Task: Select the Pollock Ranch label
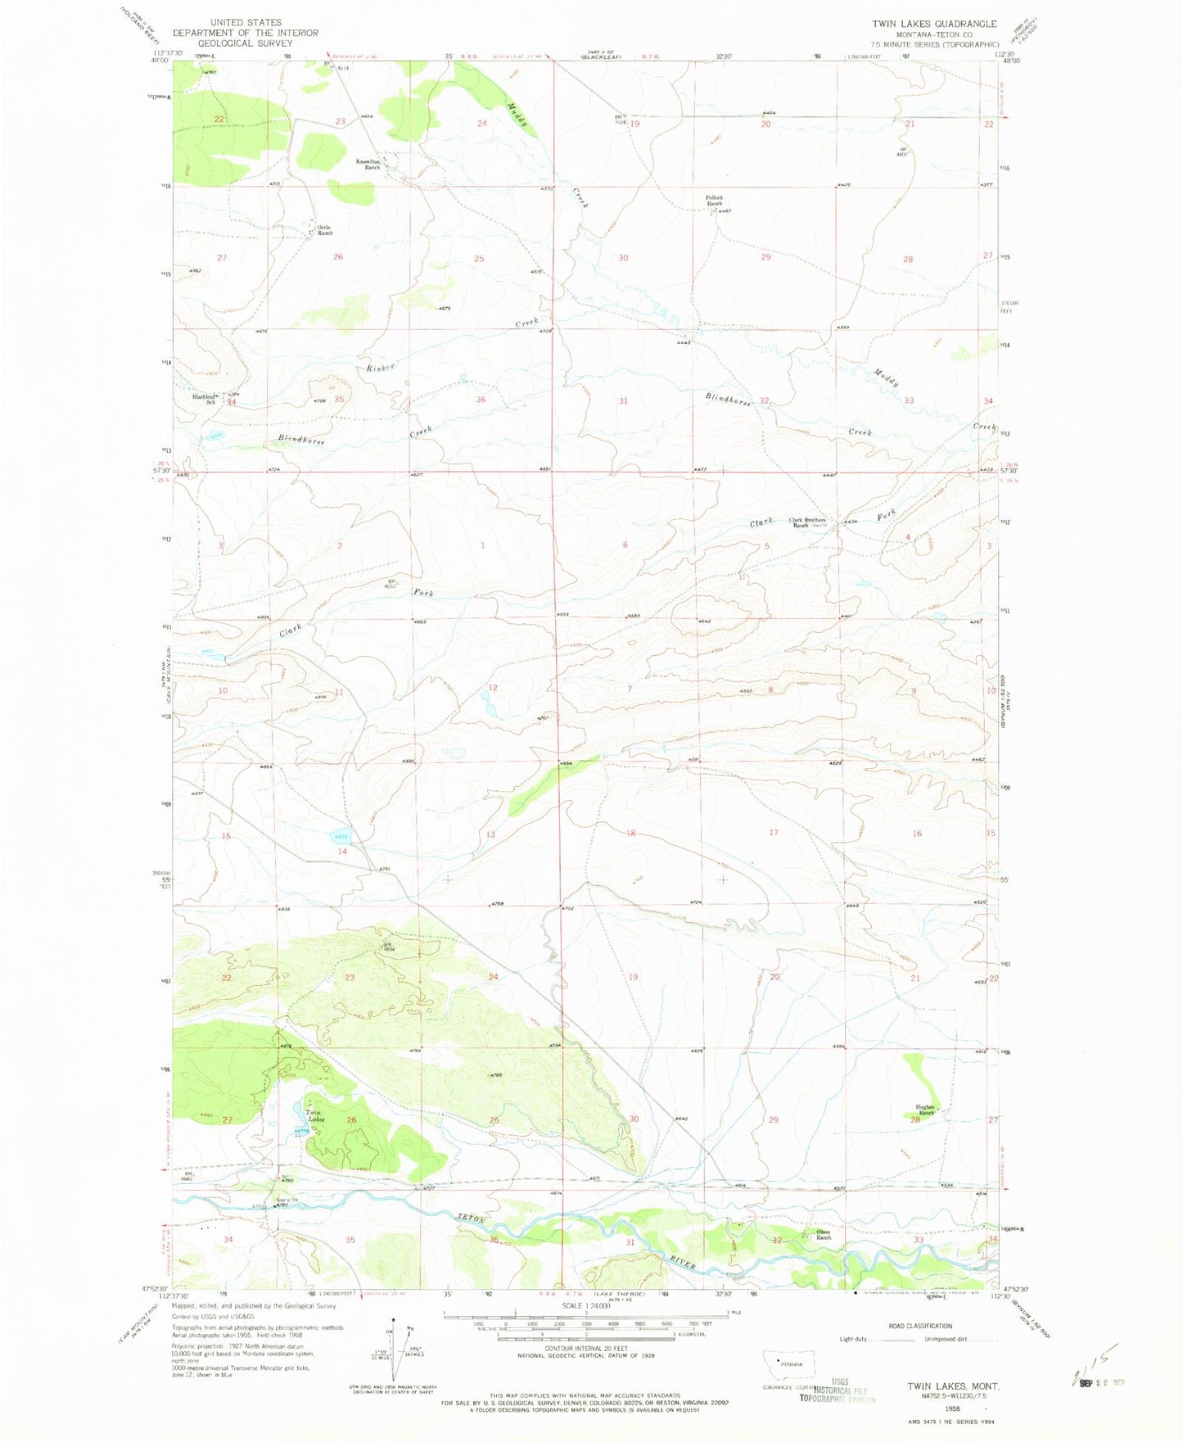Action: (x=715, y=201)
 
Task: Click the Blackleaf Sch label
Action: (x=204, y=400)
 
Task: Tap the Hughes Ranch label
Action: (x=925, y=1110)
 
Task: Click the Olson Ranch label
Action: (x=823, y=1235)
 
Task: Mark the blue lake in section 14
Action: (x=341, y=836)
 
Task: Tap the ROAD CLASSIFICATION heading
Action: (x=920, y=1326)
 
